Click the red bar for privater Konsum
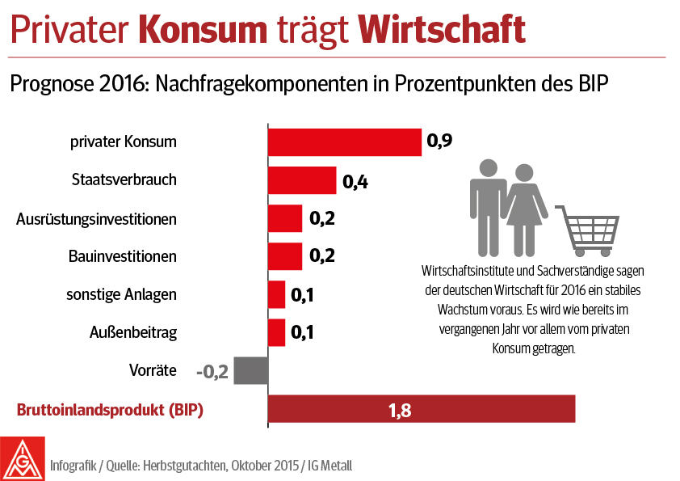tap(345, 142)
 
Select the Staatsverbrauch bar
tap(302, 180)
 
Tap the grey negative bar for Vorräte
tap(250, 370)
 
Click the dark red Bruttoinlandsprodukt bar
tap(421, 410)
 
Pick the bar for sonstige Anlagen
tap(276, 294)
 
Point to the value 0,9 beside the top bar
tap(439, 142)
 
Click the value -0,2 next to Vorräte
tap(212, 371)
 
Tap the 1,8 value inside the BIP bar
tap(400, 411)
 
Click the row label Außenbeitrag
tap(132, 332)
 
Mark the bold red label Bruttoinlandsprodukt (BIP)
tap(110, 410)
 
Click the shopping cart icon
tap(588, 223)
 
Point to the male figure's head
tap(487, 169)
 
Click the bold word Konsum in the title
tap(203, 30)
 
